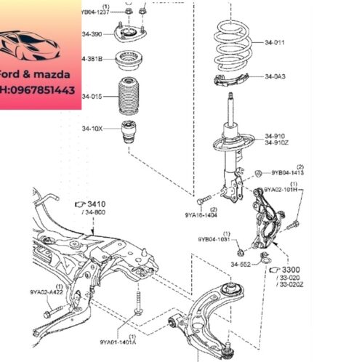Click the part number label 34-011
coord(275,42)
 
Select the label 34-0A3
coord(275,76)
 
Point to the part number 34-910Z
coord(277,142)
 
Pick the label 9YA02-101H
coord(281,190)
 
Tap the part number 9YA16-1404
coord(201,215)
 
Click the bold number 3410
coord(97,204)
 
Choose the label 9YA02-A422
coord(46,292)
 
